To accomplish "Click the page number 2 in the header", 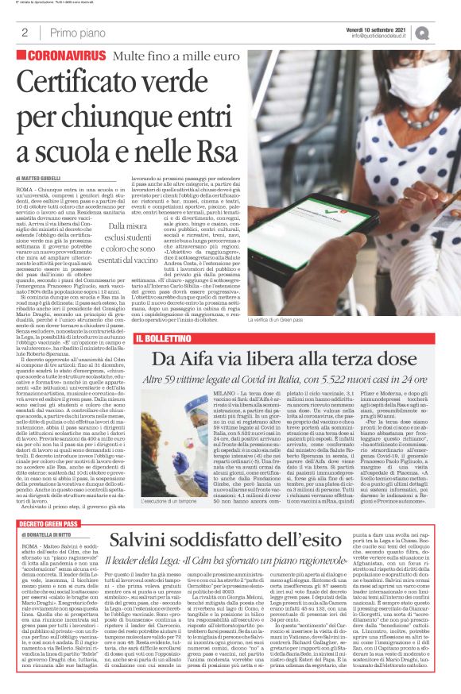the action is [x=25, y=33].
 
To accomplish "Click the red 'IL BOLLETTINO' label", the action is [x=163, y=338].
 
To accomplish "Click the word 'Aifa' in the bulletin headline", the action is [x=203, y=358].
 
